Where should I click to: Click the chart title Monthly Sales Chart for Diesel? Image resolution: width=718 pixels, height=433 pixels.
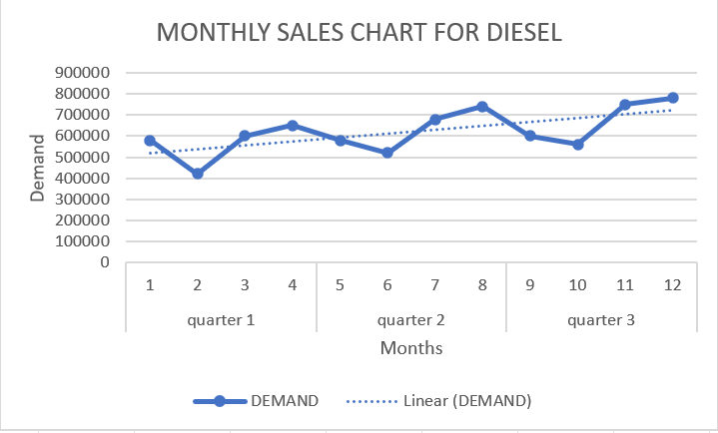359,32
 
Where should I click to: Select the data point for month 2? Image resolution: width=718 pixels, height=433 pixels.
198,174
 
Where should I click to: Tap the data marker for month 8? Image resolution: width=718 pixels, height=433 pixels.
482,107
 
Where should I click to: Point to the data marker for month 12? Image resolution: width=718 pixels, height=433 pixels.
672,98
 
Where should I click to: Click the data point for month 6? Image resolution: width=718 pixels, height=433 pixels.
387,153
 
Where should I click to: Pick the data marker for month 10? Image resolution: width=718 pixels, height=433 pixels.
577,145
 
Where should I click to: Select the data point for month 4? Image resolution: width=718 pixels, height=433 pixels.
293,126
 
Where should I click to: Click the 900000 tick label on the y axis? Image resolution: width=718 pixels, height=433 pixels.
83,73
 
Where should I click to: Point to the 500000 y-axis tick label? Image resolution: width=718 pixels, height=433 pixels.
83,158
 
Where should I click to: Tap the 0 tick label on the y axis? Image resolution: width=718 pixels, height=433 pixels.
103,263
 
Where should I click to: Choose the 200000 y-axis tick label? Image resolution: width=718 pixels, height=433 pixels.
83,220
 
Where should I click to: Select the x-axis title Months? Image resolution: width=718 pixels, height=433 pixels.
410,348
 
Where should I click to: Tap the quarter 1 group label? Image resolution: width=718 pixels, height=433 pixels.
221,319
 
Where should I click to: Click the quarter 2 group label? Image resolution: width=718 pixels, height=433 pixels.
410,319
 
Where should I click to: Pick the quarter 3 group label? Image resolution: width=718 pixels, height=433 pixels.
600,319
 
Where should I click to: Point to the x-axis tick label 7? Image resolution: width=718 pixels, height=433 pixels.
434,285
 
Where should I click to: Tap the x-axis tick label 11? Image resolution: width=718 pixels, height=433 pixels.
624,285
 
